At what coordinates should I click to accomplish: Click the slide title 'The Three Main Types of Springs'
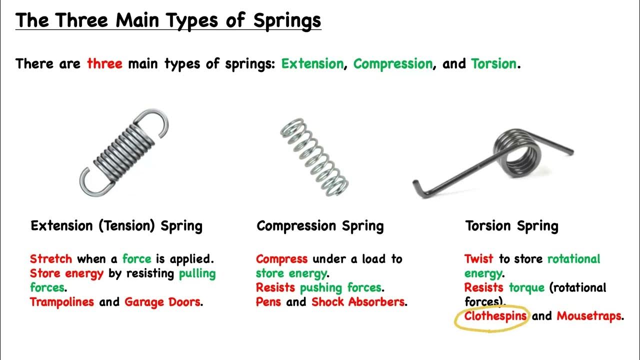coord(168,20)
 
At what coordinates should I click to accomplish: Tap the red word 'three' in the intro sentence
coord(104,64)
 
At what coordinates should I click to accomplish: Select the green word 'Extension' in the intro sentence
coord(312,64)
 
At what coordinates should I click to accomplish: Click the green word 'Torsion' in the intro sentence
coord(494,64)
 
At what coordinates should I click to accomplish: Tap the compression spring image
coord(314,156)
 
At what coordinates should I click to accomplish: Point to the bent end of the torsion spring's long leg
coord(419,188)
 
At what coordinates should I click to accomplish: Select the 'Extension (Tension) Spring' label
coord(116,226)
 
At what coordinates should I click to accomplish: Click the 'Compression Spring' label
coord(320,226)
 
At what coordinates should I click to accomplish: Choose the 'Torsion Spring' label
coord(511,226)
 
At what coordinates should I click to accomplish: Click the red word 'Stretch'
coord(51,259)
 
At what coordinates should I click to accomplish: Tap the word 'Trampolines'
coord(62,302)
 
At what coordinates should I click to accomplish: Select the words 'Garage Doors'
coord(162,302)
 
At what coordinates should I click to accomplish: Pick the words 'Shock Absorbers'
coord(358,302)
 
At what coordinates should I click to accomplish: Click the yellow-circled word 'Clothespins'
coord(495,316)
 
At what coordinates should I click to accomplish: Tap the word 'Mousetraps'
coord(589,316)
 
